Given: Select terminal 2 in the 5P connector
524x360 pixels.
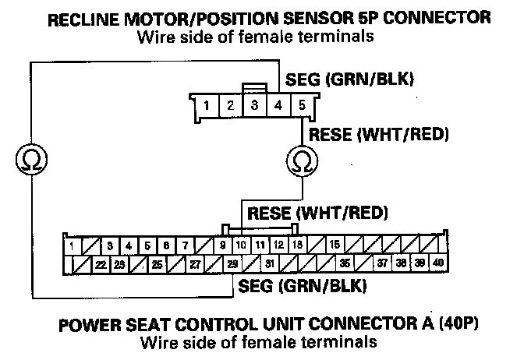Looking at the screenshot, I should pyautogui.click(x=230, y=104).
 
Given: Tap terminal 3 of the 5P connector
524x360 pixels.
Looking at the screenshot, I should pyautogui.click(x=254, y=104).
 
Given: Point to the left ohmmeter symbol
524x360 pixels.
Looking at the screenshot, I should pyautogui.click(x=30, y=161).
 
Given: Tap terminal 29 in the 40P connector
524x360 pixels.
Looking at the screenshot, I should pyautogui.click(x=233, y=264).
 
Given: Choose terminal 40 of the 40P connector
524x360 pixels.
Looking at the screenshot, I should pyautogui.click(x=437, y=263).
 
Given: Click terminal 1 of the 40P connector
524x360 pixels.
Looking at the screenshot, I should pyautogui.click(x=73, y=245).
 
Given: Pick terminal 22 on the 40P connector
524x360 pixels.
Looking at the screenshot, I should pyautogui.click(x=101, y=264).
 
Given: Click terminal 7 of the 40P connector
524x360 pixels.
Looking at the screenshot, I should pyautogui.click(x=185, y=245).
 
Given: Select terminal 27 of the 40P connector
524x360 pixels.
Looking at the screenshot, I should pyautogui.click(x=195, y=264).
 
